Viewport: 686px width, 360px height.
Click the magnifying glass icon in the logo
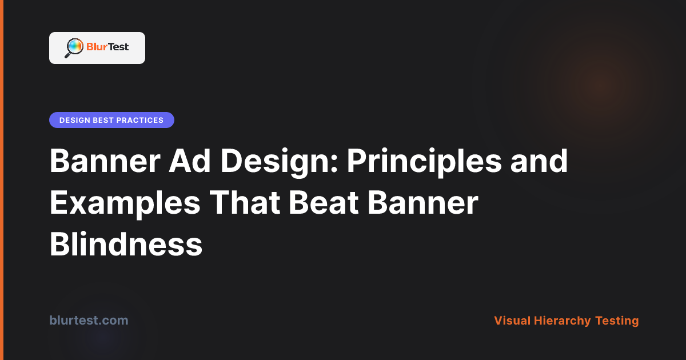pos(74,48)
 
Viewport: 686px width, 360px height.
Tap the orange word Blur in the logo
pos(97,47)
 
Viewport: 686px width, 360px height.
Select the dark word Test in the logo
pos(118,47)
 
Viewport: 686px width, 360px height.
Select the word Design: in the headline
pos(279,162)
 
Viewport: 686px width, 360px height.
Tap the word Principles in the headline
pos(424,162)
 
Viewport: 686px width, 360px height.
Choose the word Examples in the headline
pos(125,204)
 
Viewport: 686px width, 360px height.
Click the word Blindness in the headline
pos(126,244)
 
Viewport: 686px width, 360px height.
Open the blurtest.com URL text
pos(89,320)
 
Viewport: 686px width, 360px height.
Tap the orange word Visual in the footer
pos(512,321)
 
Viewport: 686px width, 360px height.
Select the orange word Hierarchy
pos(562,321)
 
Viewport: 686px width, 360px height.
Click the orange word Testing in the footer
pos(617,321)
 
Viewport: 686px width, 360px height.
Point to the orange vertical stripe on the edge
pos(2,180)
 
